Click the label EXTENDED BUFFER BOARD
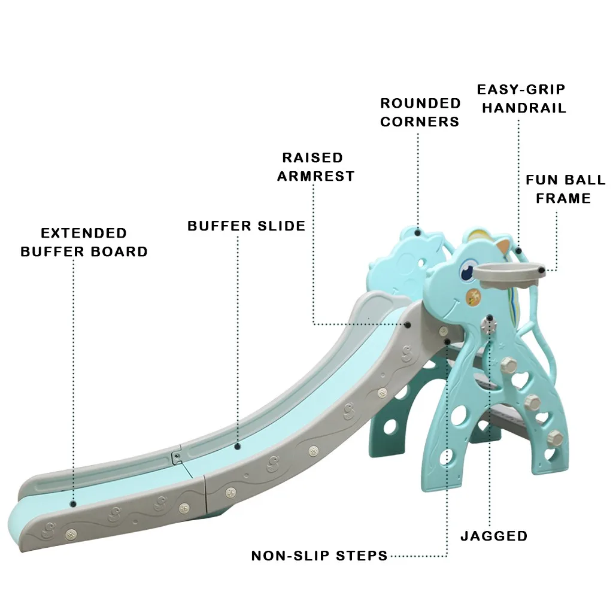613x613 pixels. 84,242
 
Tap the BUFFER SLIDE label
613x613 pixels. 246,226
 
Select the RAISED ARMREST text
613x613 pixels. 315,166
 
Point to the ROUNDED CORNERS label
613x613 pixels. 420,113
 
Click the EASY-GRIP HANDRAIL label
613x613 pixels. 521,99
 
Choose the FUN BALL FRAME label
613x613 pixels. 565,189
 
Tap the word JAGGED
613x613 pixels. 494,536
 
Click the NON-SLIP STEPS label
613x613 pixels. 319,556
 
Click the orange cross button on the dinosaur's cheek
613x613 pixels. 474,295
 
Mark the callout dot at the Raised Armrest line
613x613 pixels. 408,324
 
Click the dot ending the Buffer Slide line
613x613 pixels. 238,446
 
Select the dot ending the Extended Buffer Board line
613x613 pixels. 74,504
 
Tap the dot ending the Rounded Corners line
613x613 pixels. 418,232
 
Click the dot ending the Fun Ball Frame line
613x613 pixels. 542,271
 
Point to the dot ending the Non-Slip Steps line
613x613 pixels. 447,342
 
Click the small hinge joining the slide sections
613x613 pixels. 176,457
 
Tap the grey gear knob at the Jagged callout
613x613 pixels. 490,326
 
